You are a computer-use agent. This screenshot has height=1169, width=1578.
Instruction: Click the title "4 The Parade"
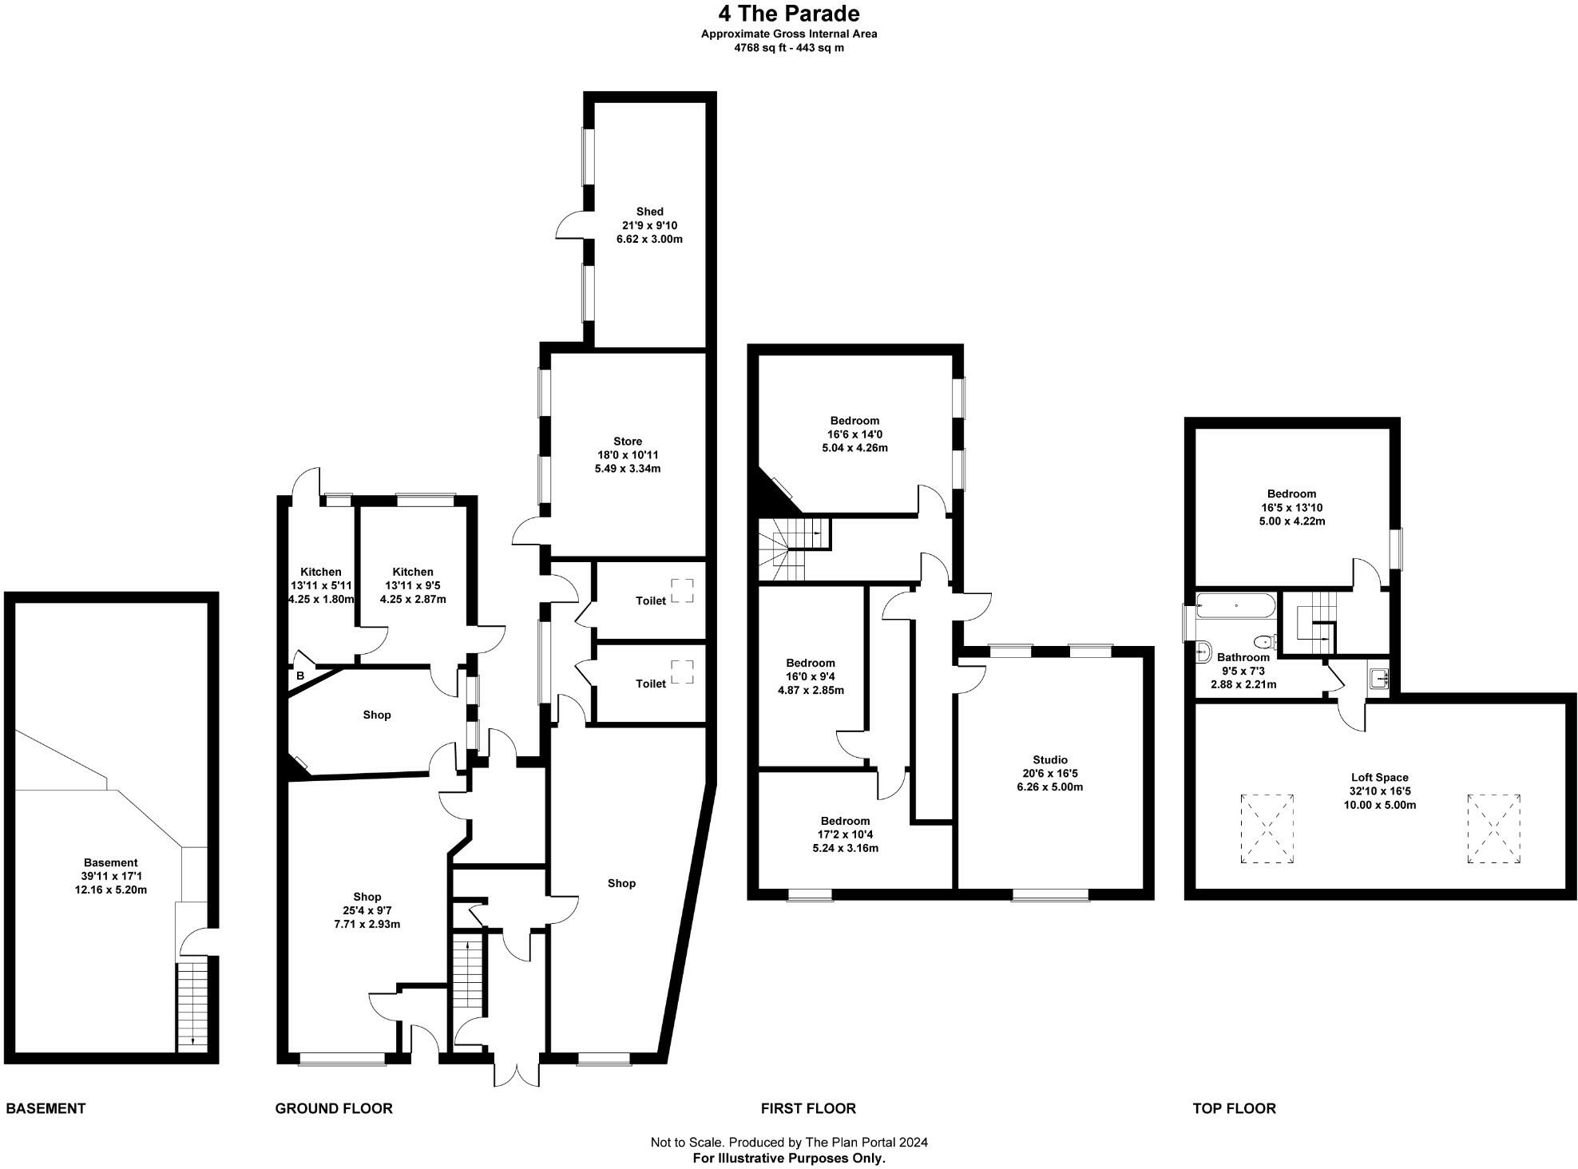click(789, 14)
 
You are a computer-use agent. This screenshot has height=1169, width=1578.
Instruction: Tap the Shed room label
click(649, 212)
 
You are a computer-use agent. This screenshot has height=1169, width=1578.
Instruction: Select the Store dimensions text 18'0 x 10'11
click(627, 455)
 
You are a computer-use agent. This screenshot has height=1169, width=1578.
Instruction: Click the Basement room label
click(110, 862)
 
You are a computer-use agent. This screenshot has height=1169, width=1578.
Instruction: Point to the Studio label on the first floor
click(1049, 759)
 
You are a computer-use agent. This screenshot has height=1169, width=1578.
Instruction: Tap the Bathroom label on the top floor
click(1243, 657)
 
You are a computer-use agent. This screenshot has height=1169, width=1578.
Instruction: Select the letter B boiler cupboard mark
click(300, 676)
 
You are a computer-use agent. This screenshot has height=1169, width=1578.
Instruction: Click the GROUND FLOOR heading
click(333, 1108)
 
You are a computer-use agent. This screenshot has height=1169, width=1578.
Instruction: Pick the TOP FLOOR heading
click(1234, 1108)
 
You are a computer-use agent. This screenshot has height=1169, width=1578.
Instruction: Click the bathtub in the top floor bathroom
click(1235, 605)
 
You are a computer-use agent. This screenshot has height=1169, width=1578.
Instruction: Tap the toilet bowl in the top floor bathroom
click(1263, 642)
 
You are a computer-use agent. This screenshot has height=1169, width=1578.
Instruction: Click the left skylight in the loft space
click(1267, 828)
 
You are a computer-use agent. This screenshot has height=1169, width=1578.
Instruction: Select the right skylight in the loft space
click(1493, 828)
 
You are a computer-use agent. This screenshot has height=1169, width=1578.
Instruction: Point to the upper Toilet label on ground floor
click(650, 600)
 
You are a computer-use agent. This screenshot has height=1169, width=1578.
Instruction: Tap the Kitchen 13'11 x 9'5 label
click(413, 572)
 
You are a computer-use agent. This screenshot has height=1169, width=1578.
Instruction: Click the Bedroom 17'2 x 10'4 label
click(845, 821)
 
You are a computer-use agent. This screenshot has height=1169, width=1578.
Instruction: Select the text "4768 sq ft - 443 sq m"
click(789, 48)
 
